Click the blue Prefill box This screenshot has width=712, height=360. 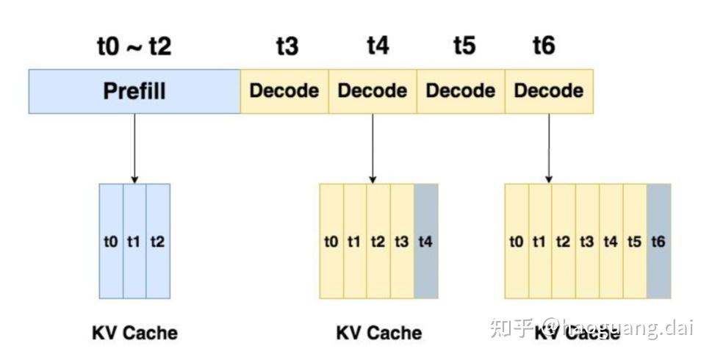click(134, 91)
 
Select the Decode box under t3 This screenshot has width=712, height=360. click(284, 91)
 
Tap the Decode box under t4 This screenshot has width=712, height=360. click(373, 91)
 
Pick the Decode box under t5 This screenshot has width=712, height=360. click(461, 91)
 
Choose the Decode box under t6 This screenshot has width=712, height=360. click(549, 91)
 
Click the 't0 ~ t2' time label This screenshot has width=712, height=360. click(134, 46)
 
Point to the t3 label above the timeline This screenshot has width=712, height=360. click(287, 46)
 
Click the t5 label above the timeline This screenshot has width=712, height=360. click(464, 46)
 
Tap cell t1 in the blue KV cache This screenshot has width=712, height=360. click(134, 241)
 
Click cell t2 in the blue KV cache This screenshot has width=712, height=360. click(158, 241)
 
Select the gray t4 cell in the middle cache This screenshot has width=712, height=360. click(426, 241)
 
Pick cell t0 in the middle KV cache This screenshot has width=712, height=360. click(331, 241)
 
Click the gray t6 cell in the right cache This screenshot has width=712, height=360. click(658, 241)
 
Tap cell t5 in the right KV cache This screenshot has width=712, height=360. click(635, 241)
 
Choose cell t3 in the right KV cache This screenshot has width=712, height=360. click(587, 241)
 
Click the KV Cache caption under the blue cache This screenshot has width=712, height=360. click(134, 333)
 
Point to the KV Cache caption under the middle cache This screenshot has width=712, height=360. click(378, 333)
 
